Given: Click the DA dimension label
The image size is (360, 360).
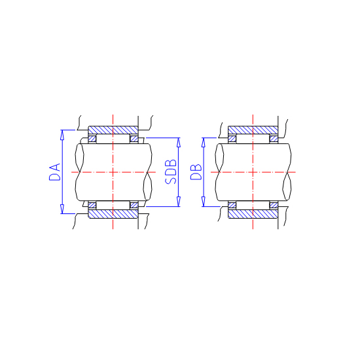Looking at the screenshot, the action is (55, 172).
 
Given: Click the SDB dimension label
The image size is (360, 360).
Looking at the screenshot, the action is (171, 171).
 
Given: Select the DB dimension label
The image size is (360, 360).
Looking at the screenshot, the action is (196, 172).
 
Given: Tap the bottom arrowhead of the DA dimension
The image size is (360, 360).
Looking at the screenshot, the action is (62, 209).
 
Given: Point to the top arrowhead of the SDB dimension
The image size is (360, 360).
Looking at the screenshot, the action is (179, 142).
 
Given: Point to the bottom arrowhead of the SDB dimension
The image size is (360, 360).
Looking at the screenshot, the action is (179, 202).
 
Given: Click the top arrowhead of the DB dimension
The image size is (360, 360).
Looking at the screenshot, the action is (203, 142).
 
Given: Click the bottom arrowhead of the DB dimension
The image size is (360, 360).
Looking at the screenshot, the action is (203, 202).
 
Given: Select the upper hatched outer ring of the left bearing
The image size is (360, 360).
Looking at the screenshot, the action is (113, 130).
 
